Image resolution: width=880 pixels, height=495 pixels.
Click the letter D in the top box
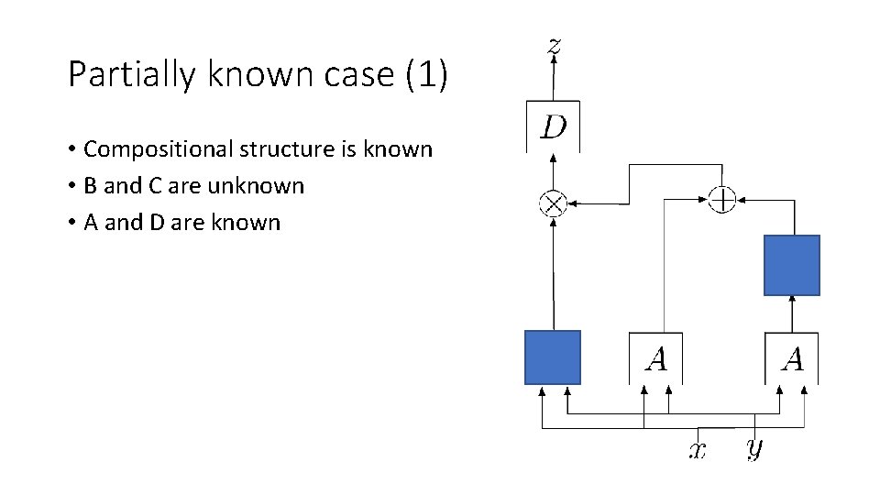pos(554,126)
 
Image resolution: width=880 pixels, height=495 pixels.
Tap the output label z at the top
pos(554,45)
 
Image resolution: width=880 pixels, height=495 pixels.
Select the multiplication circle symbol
pos(553,203)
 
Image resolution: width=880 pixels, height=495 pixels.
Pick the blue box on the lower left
pos(552,357)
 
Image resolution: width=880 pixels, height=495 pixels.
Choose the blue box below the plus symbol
pos(792,265)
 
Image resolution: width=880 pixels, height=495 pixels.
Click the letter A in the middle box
pos(655,359)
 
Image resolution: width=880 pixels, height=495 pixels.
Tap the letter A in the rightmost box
pos(792,359)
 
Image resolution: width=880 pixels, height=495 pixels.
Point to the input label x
pos(698,450)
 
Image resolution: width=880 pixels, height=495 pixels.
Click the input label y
pos(753,448)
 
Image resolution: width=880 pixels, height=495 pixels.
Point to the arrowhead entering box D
pos(553,158)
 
